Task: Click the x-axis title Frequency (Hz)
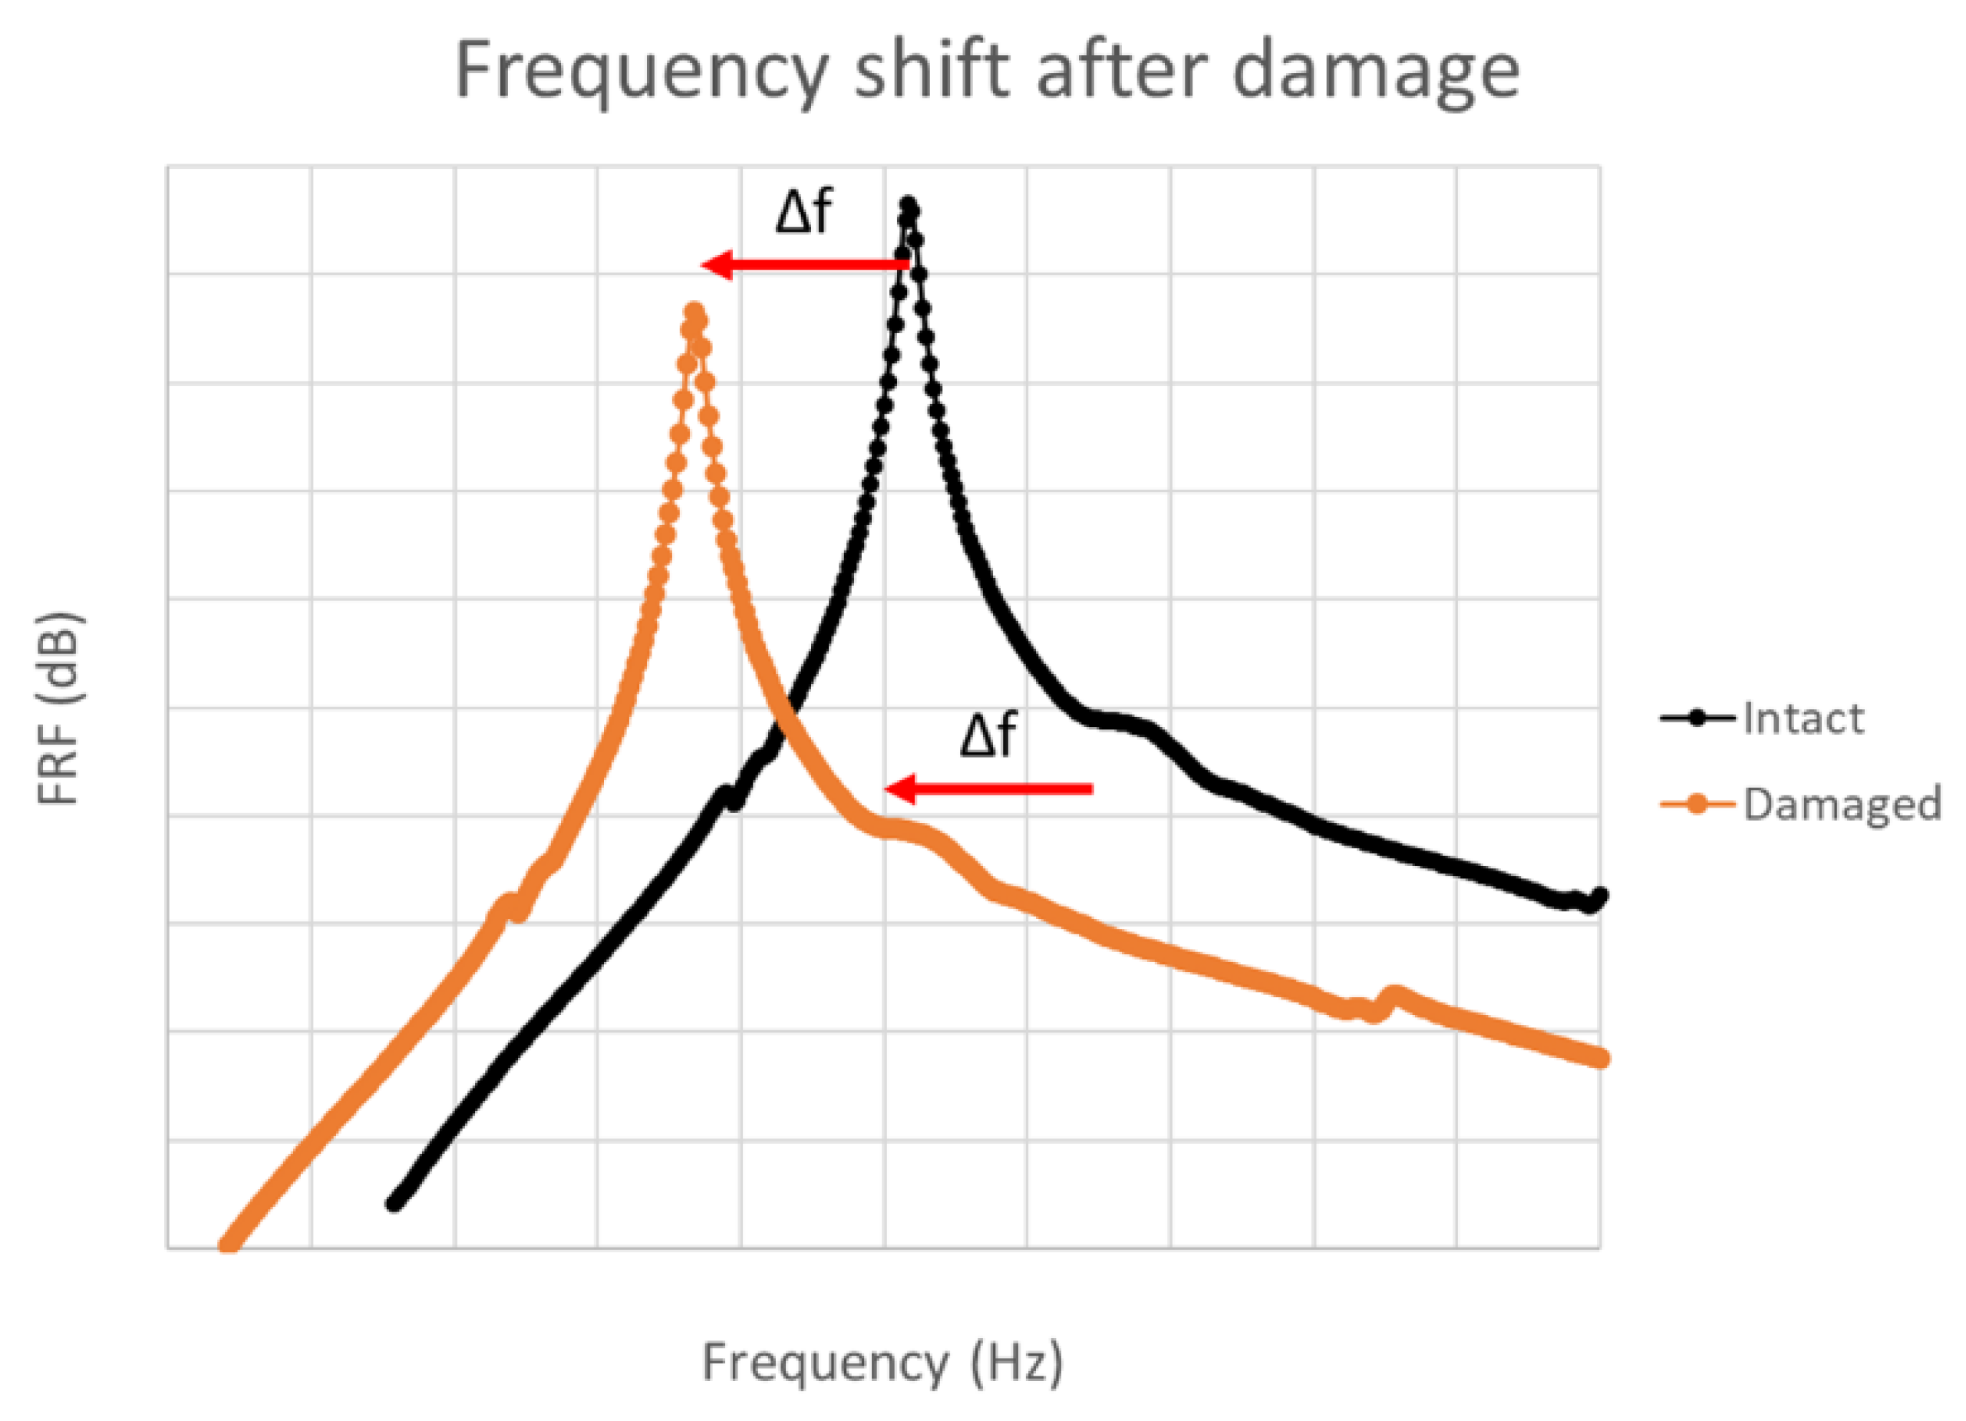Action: (882, 1360)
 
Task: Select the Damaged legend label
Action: (1841, 804)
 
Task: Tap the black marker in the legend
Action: (1697, 718)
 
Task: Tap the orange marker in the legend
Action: (1697, 804)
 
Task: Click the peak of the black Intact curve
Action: (909, 207)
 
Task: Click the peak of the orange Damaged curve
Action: (694, 312)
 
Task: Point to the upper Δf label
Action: (803, 213)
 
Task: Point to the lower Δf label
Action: (988, 735)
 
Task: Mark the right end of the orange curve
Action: (1600, 1059)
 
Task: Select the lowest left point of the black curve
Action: (394, 1204)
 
